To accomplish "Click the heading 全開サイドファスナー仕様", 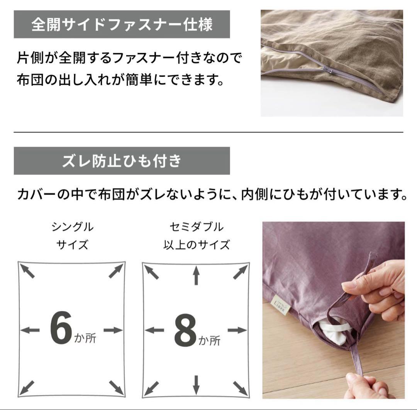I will (x=122, y=24).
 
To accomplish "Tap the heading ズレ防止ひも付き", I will (x=122, y=161).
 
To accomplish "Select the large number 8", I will (x=185, y=331).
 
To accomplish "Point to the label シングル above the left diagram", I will (x=72, y=227).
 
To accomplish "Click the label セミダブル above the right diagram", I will (x=196, y=227).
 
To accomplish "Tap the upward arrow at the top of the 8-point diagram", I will (x=196, y=276).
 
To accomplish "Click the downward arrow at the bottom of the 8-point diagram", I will (x=196, y=385).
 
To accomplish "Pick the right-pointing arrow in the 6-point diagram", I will (x=113, y=330).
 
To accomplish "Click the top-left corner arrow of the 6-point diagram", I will (x=28, y=271).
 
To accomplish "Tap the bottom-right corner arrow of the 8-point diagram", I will (x=240, y=387).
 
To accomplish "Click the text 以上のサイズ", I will (x=196, y=245).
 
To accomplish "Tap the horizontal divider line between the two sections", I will (x=208, y=132).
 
